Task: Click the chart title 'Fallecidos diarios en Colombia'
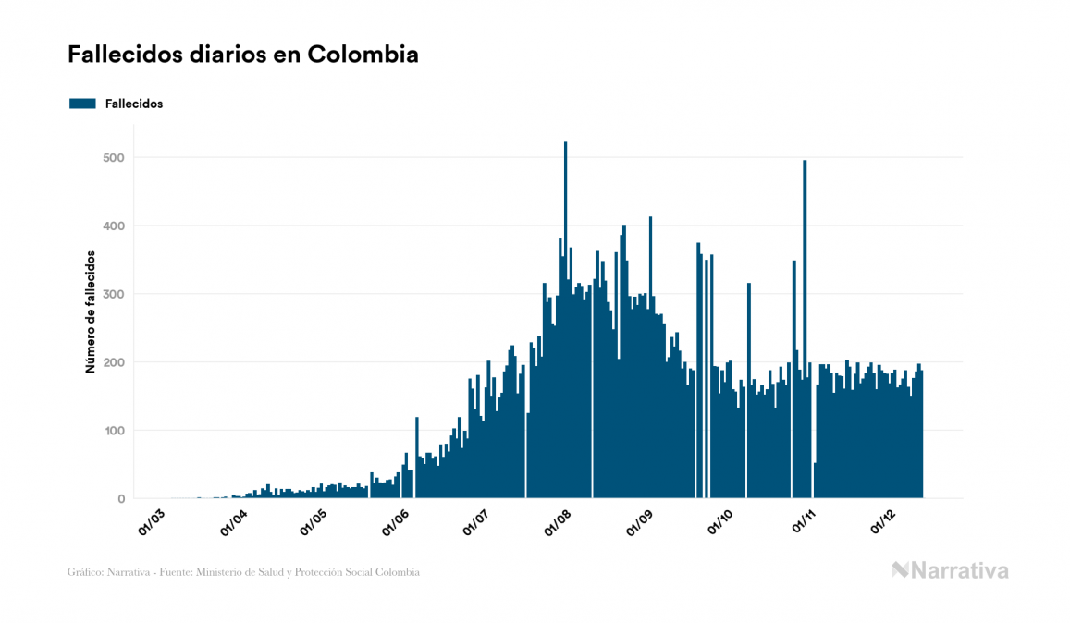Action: pos(243,55)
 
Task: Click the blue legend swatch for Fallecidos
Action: pos(82,104)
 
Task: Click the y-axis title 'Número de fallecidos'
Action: pos(91,311)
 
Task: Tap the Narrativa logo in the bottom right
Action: pos(950,570)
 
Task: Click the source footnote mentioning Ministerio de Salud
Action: pos(243,572)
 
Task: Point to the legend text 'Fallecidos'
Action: pos(134,104)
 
